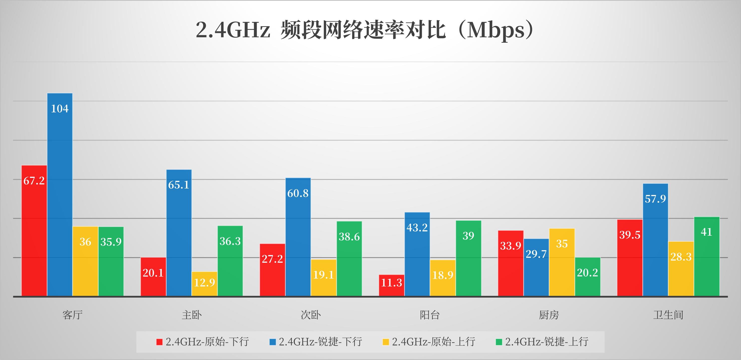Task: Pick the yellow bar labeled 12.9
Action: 204,284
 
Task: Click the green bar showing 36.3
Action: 230,261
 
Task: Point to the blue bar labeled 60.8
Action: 298,237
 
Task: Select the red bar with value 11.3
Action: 392,285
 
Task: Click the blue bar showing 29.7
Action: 536,267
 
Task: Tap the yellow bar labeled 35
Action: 562,262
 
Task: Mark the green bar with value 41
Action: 707,256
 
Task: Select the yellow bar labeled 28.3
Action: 681,269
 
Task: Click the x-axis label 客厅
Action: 72,315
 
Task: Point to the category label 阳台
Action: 430,315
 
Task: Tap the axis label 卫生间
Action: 668,315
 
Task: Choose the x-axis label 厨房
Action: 549,315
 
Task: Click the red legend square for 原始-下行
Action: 159,342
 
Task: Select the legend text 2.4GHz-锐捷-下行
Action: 320,342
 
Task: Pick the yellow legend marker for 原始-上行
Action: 386,342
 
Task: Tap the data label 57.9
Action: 655,199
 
